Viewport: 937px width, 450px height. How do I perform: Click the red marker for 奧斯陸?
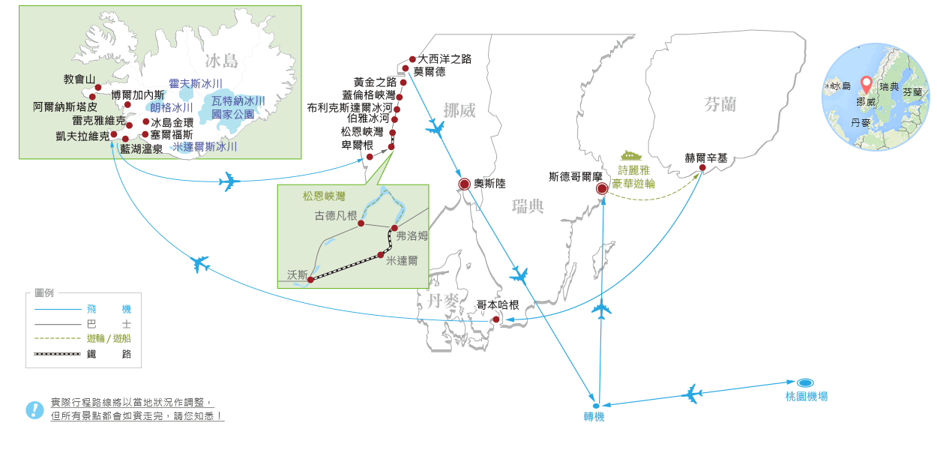pyautogui.click(x=464, y=184)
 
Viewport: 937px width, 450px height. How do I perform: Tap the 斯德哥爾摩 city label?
pyautogui.click(x=575, y=177)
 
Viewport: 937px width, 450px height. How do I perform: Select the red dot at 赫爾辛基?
pyautogui.click(x=702, y=168)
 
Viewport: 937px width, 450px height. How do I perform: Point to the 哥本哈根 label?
pyautogui.click(x=498, y=305)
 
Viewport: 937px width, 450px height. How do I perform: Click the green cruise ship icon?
pyautogui.click(x=631, y=156)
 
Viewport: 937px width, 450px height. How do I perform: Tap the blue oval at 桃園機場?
pyautogui.click(x=805, y=382)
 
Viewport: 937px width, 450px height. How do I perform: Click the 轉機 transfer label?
pyautogui.click(x=594, y=417)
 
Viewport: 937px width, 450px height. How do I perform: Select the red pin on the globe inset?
pyautogui.click(x=867, y=84)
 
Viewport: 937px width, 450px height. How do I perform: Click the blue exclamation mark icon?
pyautogui.click(x=34, y=409)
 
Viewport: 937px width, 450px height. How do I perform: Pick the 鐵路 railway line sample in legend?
pyautogui.click(x=57, y=354)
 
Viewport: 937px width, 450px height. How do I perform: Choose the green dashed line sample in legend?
pyautogui.click(x=57, y=338)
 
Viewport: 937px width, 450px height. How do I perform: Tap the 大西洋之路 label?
pyautogui.click(x=445, y=59)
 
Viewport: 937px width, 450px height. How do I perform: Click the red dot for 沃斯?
pyautogui.click(x=310, y=280)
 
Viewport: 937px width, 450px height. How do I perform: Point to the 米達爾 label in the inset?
pyautogui.click(x=402, y=261)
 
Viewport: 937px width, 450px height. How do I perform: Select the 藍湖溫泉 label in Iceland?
pyautogui.click(x=142, y=149)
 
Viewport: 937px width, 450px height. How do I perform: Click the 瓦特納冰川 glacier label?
pyautogui.click(x=238, y=101)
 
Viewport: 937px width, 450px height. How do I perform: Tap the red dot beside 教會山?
pyautogui.click(x=98, y=88)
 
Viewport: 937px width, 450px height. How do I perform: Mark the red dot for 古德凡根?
pyautogui.click(x=361, y=223)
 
